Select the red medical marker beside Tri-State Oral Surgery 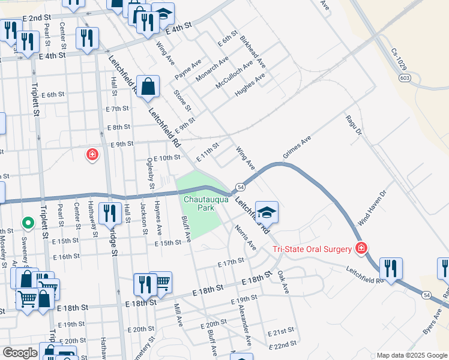pos(361,248)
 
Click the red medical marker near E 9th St pos(92,155)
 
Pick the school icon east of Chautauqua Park pos(266,212)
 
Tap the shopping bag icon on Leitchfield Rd pos(148,87)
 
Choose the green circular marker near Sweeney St pos(28,223)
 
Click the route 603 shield pos(405,78)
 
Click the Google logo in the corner pos(20,352)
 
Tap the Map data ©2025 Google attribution pos(412,355)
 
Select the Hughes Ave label pos(251,82)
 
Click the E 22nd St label pos(283,344)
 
